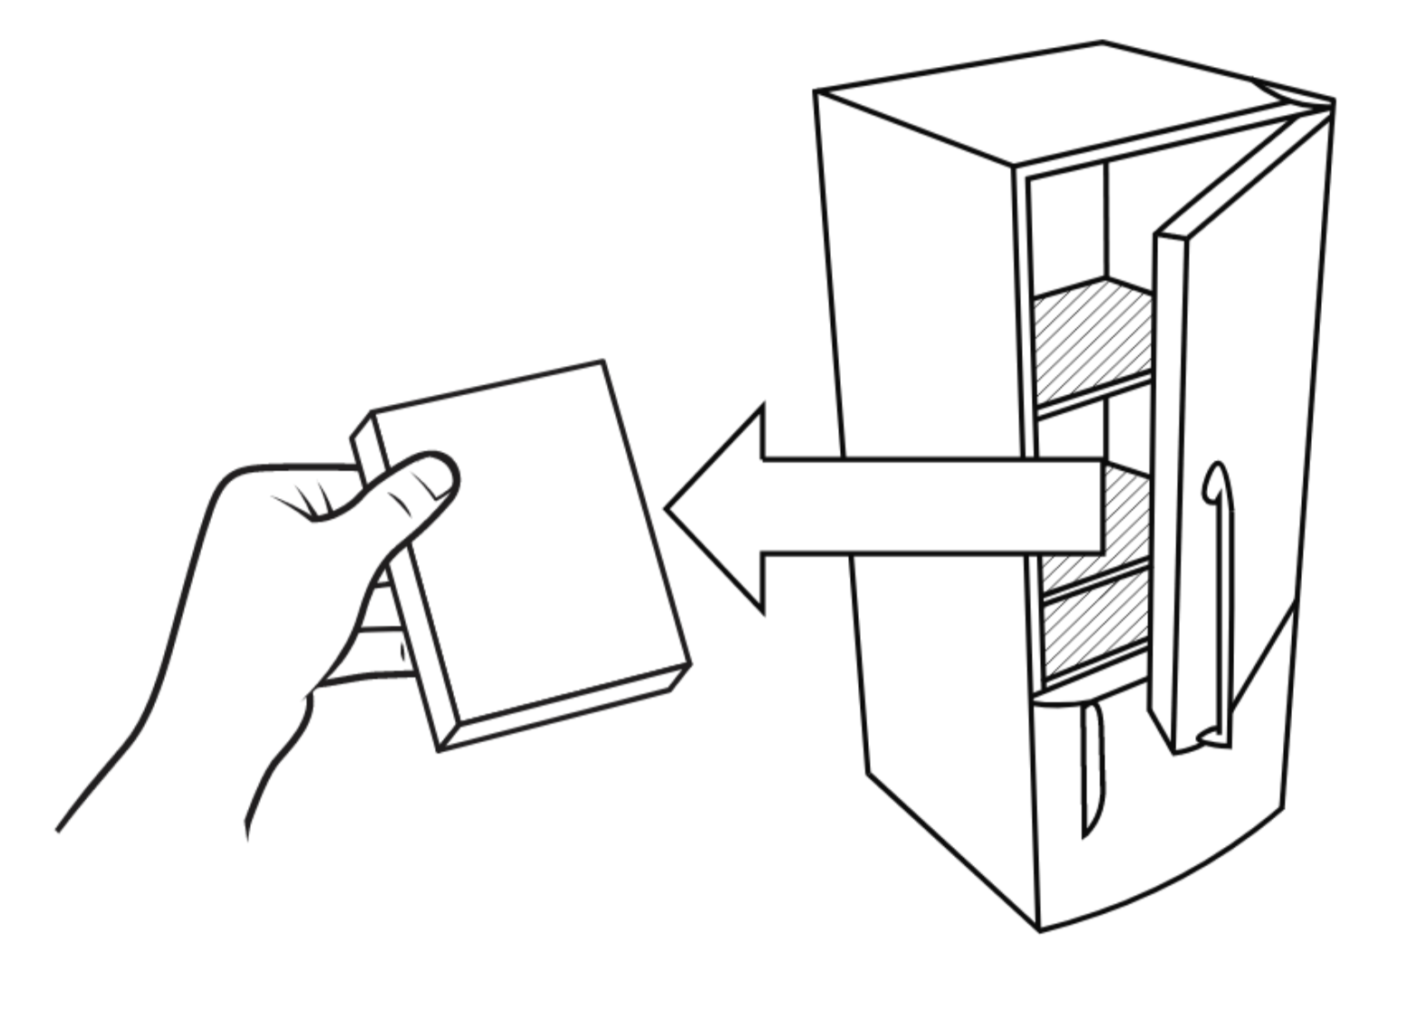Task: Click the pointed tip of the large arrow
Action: pos(671,508)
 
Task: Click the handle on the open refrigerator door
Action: pos(1219,598)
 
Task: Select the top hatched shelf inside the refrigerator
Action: pos(1092,340)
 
